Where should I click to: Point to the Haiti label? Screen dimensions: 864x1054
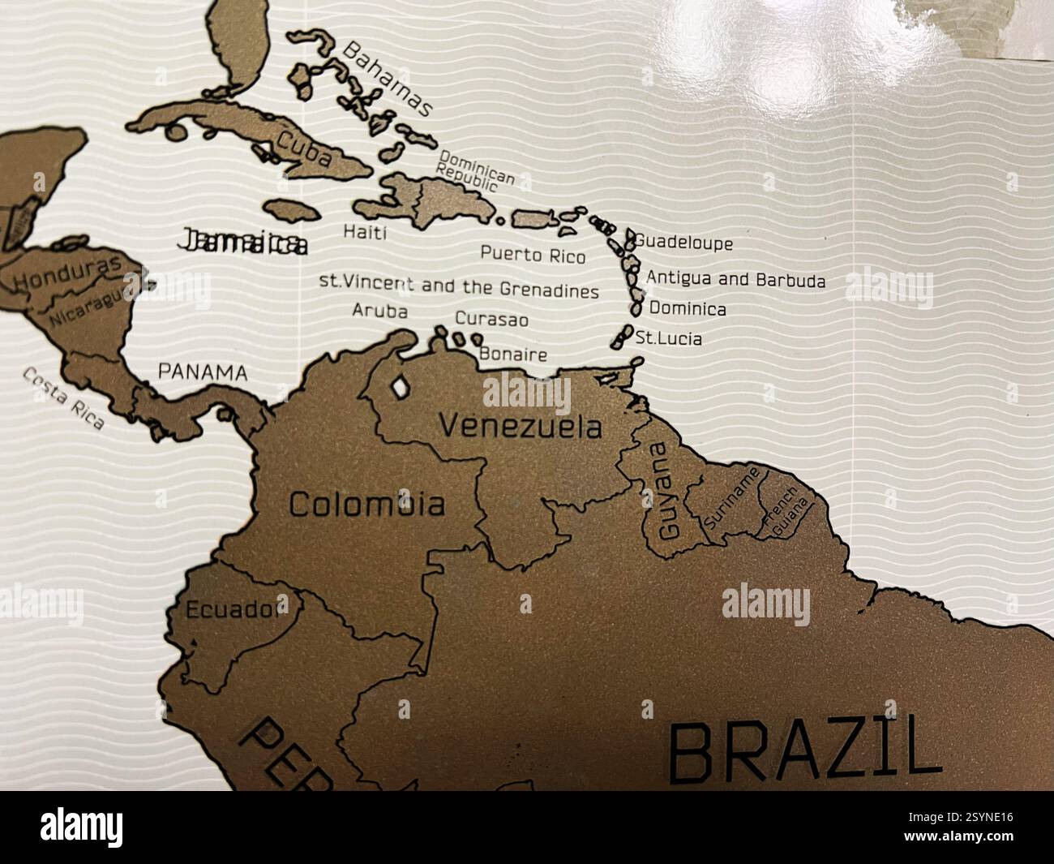[365, 233]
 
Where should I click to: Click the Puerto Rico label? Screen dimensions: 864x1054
[533, 255]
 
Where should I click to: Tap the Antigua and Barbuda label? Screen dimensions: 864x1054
[736, 280]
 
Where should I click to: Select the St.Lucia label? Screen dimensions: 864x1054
[669, 338]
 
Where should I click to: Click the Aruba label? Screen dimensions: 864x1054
[380, 311]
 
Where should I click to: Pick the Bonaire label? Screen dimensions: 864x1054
[513, 354]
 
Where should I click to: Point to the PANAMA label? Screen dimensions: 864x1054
[202, 372]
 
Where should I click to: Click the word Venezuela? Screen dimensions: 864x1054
[521, 427]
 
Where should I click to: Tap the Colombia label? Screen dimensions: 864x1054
[366, 505]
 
